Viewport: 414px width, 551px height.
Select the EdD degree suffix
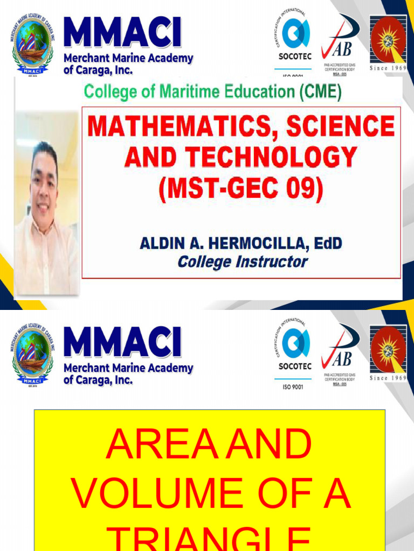(327, 244)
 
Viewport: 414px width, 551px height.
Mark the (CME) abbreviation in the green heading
(320, 93)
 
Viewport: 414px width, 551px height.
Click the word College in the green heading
(110, 93)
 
